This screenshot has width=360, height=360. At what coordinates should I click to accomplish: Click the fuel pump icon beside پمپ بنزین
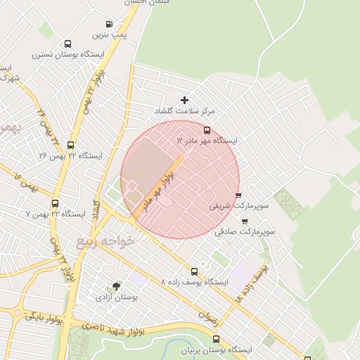pyautogui.click(x=108, y=24)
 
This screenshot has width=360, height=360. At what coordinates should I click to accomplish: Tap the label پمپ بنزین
pyautogui.click(x=108, y=34)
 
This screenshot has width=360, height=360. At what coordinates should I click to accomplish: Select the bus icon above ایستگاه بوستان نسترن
pyautogui.click(x=67, y=44)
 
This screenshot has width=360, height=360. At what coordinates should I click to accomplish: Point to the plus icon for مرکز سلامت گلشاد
pyautogui.click(x=185, y=101)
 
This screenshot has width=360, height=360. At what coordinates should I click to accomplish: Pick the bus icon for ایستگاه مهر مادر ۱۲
pyautogui.click(x=207, y=130)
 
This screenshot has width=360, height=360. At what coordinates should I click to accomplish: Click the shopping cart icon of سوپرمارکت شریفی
pyautogui.click(x=238, y=196)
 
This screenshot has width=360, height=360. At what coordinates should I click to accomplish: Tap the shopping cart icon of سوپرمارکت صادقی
pyautogui.click(x=244, y=220)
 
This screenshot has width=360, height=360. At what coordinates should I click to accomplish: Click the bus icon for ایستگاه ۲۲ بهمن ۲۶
pyautogui.click(x=70, y=145)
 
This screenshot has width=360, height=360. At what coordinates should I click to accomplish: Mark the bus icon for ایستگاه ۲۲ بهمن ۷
pyautogui.click(x=55, y=203)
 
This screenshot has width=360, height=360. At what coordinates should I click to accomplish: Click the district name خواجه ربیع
pyautogui.click(x=105, y=242)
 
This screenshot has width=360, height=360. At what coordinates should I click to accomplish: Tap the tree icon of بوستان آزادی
pyautogui.click(x=116, y=286)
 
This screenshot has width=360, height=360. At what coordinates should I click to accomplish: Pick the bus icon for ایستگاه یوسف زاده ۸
pyautogui.click(x=194, y=271)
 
